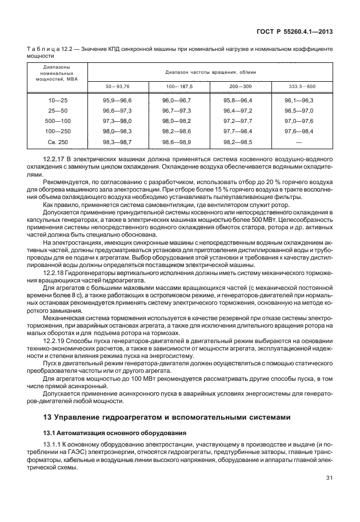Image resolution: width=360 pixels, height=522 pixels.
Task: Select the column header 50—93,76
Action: [117, 86]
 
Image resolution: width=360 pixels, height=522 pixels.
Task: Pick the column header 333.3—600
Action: [302, 86]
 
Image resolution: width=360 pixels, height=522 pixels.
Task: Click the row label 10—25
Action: [58, 100]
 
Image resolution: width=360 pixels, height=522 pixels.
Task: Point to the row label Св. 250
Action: [58, 141]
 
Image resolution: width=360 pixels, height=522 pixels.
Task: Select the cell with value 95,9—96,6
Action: [117, 100]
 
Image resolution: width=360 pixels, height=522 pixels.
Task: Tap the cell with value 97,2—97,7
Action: [240, 121]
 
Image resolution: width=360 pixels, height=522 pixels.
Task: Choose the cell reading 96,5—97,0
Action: [302, 110]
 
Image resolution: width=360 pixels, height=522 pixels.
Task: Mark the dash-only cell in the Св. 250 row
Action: [302, 141]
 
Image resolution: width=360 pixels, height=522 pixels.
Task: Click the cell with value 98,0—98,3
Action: [117, 131]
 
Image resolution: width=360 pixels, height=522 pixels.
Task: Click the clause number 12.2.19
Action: [54, 340]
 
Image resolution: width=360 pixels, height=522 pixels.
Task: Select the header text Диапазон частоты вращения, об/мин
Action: [209, 73]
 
